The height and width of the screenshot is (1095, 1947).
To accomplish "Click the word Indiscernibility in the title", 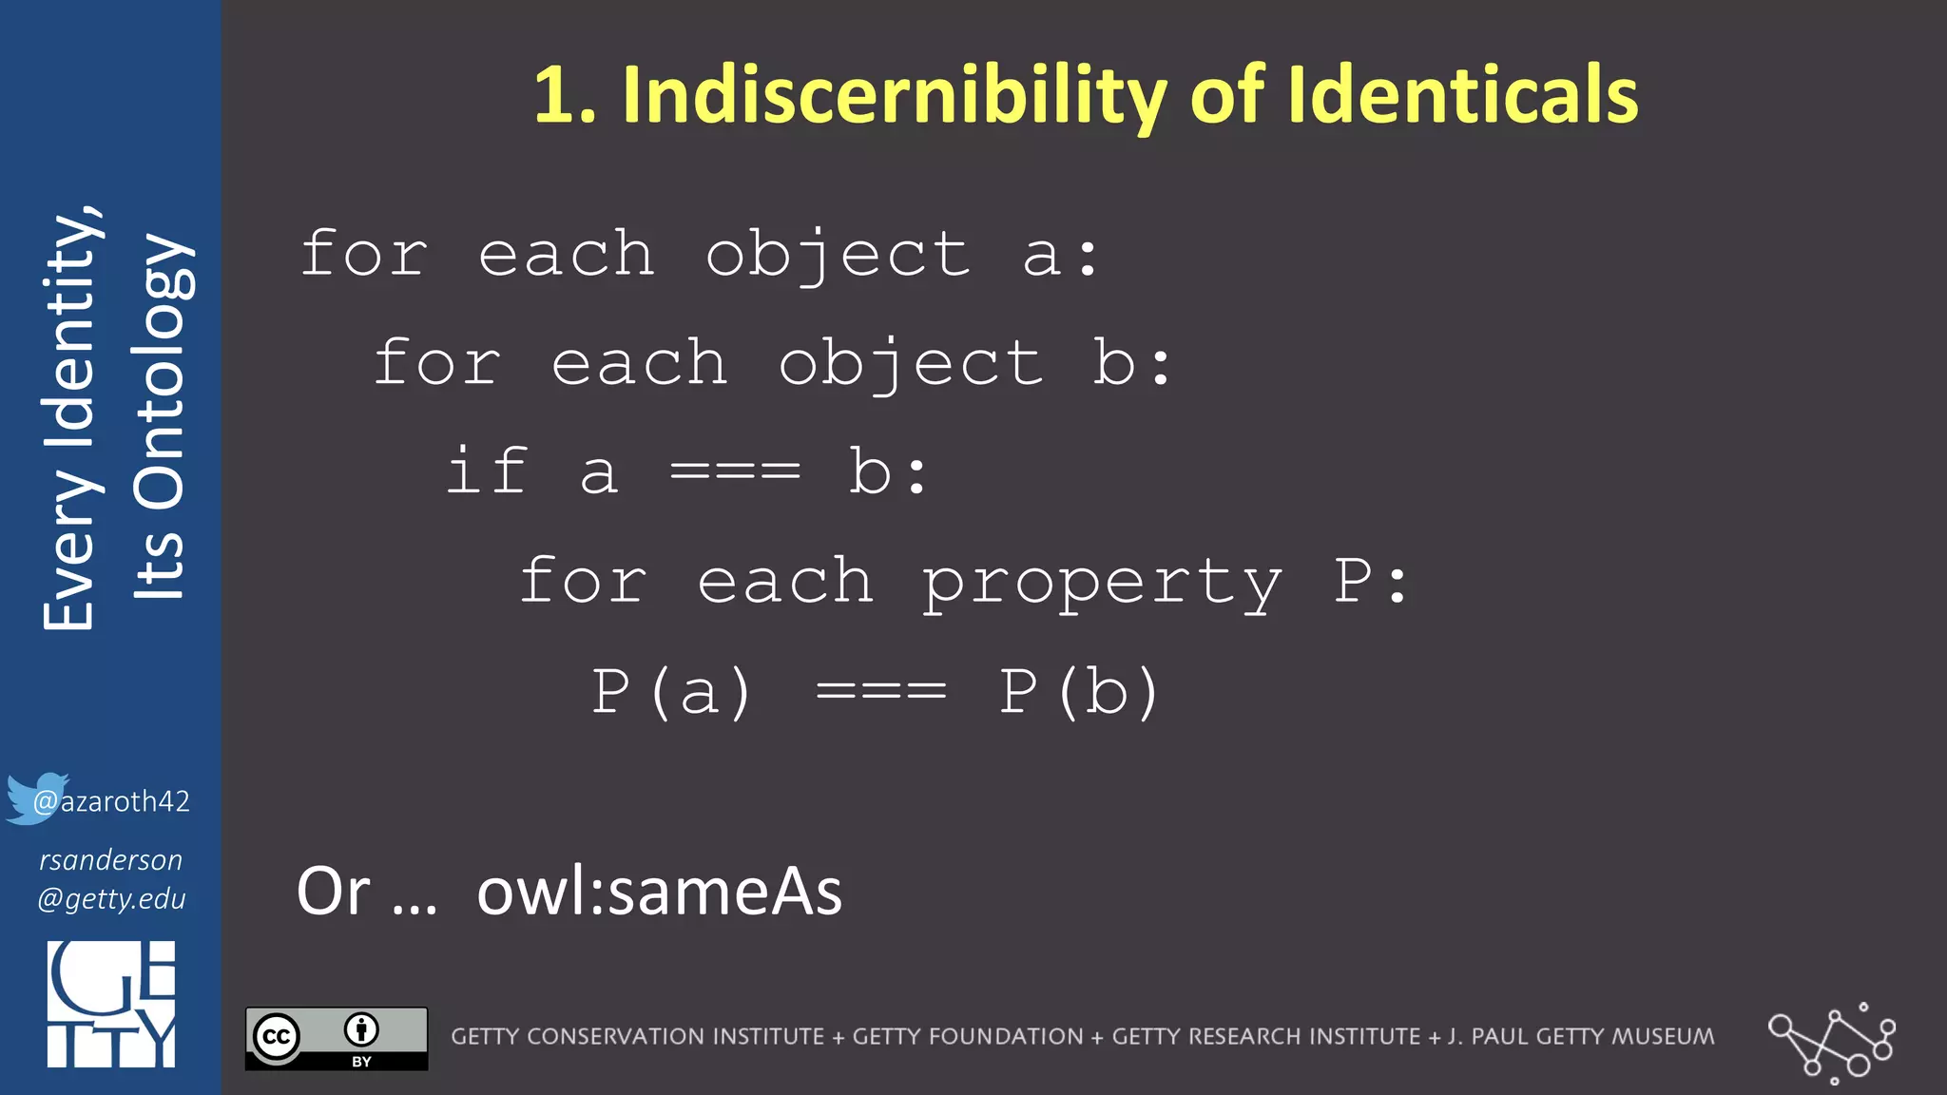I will coord(895,95).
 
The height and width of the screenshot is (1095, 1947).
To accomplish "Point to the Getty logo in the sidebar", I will coord(111,1004).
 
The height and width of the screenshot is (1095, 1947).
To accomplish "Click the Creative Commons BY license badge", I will coord(337,1038).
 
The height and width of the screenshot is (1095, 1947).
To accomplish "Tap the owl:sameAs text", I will coord(659,892).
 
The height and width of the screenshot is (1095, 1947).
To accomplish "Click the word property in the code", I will coord(1102,582).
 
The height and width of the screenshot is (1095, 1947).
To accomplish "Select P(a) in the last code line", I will coord(672,691).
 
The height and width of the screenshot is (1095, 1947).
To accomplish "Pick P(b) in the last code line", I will coord(1079,691).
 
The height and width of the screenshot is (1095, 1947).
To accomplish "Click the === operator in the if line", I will coord(735,471).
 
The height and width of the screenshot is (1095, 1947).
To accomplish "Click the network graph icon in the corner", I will coord(1832,1042).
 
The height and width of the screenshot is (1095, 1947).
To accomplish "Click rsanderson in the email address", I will coord(110,859).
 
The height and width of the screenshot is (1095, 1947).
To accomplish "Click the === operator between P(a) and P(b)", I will coord(881,691).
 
